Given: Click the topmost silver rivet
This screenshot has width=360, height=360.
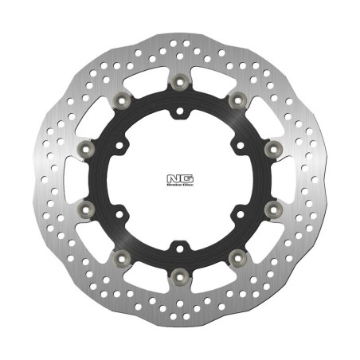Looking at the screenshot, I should [180, 80].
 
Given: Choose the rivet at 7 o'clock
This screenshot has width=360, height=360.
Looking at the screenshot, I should [123, 256].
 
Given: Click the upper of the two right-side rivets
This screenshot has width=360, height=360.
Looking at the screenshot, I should [271, 147].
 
